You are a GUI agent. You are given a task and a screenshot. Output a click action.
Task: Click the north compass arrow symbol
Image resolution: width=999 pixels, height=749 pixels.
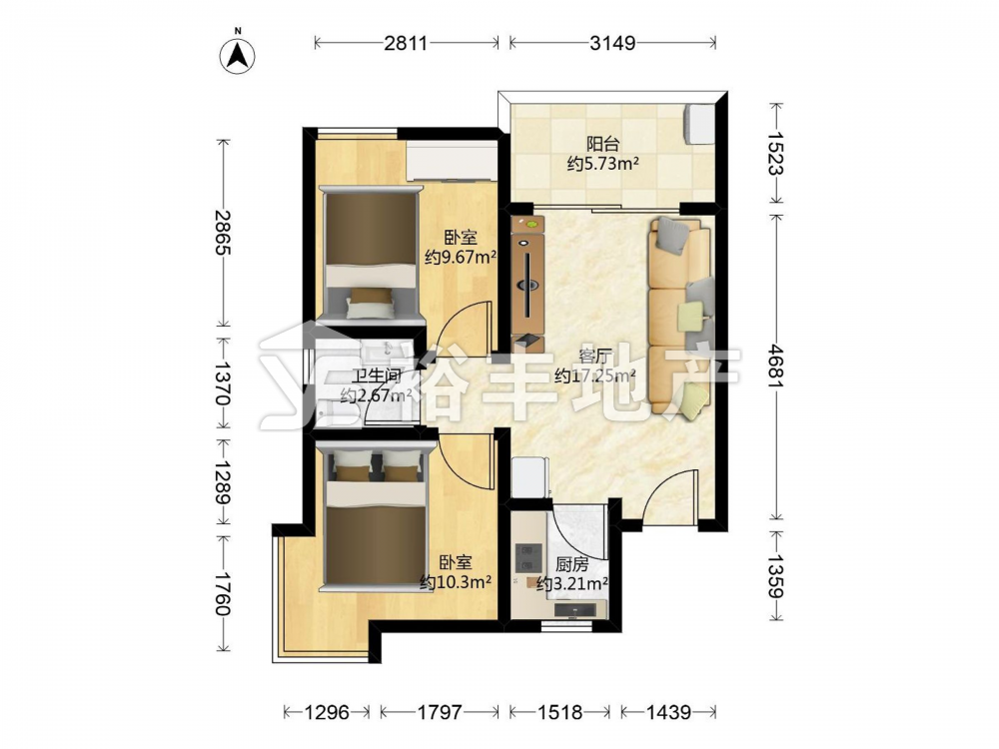(x=238, y=56)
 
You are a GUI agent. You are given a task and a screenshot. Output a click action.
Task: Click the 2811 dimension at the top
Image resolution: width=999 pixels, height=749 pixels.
(x=406, y=43)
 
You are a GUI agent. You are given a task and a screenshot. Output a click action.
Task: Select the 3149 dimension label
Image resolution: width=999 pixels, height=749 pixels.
(x=612, y=43)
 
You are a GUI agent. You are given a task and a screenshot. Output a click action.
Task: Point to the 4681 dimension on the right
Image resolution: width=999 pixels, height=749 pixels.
(x=776, y=367)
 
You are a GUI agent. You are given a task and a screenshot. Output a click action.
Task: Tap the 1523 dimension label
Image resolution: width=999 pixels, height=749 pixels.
(x=776, y=153)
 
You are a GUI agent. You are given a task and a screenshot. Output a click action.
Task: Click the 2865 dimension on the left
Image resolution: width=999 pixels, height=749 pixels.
(x=223, y=232)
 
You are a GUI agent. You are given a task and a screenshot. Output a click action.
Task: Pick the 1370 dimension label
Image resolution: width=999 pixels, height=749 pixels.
(x=223, y=383)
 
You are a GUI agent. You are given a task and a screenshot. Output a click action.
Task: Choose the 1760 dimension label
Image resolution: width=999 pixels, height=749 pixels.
(x=223, y=593)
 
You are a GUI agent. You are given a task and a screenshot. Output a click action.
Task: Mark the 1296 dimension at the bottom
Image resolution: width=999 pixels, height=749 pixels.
(x=327, y=711)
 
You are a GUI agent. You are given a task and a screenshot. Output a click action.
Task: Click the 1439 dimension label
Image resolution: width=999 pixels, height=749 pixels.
(x=668, y=711)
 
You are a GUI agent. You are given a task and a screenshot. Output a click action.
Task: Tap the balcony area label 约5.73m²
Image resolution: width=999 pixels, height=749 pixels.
(x=602, y=165)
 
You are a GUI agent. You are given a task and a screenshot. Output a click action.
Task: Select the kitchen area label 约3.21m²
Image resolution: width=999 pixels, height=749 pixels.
(x=571, y=583)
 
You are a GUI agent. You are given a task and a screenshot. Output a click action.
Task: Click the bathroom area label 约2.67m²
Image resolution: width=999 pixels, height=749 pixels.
(x=376, y=396)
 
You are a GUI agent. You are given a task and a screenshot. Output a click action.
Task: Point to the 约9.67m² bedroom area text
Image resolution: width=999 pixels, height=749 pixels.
(x=461, y=258)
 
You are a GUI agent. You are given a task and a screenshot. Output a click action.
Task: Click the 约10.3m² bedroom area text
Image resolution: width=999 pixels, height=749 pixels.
(x=455, y=582)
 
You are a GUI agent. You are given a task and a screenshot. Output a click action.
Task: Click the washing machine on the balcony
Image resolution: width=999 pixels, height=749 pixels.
(x=698, y=124)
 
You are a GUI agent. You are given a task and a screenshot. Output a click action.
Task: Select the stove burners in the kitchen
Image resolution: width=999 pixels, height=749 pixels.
(x=528, y=557)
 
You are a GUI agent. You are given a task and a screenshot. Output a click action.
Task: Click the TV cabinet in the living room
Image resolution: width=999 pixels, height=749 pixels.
(x=528, y=284)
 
